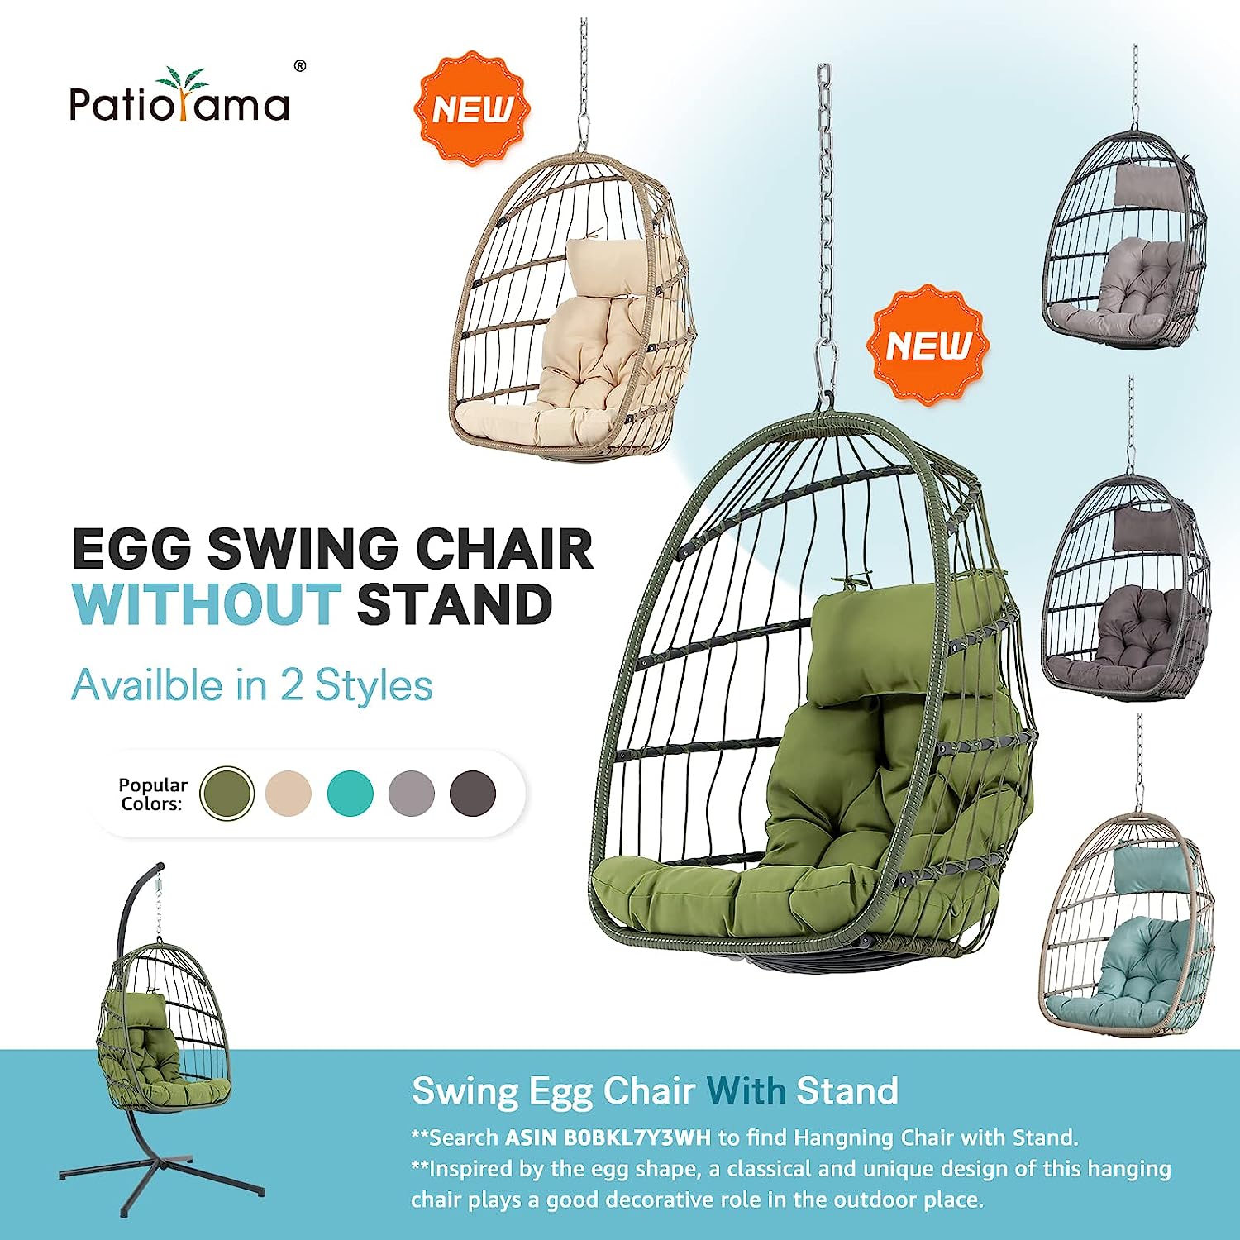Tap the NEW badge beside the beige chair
472,109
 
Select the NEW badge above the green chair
928,346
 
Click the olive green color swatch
227,793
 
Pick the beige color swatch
289,793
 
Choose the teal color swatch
350,793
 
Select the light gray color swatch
411,793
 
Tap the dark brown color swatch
472,793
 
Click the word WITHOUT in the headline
207,604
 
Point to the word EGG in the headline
131,548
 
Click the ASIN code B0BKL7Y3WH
637,1137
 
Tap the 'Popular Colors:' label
152,794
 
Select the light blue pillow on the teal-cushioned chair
1143,869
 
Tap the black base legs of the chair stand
165,1174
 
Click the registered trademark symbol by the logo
300,66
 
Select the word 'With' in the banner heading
746,1091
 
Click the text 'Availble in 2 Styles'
251,685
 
